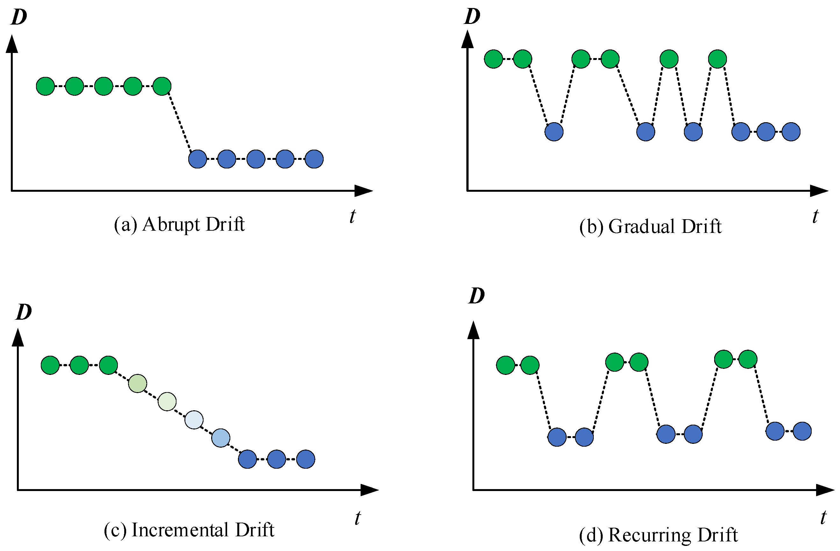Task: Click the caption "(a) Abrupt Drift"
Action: [x=179, y=224]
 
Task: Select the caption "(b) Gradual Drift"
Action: [x=650, y=227]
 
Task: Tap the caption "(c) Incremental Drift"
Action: [x=189, y=530]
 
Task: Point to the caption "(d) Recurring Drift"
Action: [x=658, y=535]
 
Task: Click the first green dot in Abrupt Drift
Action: [x=46, y=86]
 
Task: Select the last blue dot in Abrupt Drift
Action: [x=314, y=159]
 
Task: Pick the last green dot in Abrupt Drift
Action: [x=162, y=86]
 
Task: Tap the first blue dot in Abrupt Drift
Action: [x=197, y=159]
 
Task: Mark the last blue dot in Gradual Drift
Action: [x=791, y=132]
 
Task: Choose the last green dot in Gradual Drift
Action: [x=717, y=59]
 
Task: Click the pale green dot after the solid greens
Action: [x=138, y=383]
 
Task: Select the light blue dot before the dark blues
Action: [x=221, y=438]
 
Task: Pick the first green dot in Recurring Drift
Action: [x=506, y=365]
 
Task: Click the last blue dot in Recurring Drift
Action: [x=802, y=431]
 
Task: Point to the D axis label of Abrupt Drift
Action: [x=19, y=17]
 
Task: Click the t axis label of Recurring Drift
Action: [x=823, y=518]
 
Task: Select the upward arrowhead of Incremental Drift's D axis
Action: [x=18, y=338]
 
